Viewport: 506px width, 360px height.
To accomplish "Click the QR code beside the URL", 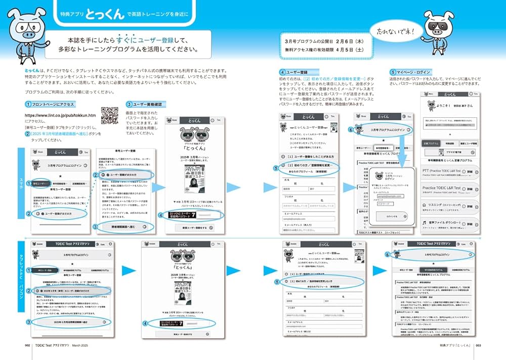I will tap(109, 115).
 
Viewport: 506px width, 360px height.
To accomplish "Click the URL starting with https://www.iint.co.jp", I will tap(60, 115).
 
